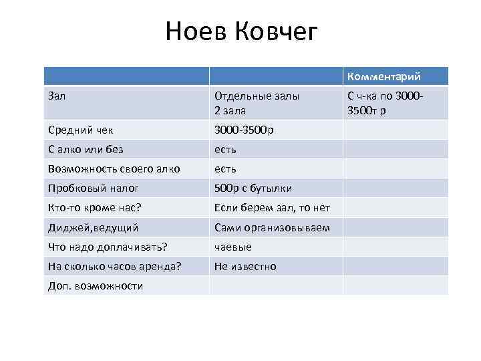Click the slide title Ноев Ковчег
[x=242, y=31]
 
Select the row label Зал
[x=57, y=96]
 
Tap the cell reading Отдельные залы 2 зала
[x=257, y=102]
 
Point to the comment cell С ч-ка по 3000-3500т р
[x=383, y=102]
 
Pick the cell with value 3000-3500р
[x=244, y=130]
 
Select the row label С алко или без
[x=86, y=149]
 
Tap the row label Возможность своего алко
[x=114, y=168]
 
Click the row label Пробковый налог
[x=94, y=189]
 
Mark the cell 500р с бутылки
[x=253, y=189]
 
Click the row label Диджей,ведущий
[x=94, y=227]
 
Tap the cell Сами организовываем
[x=272, y=227]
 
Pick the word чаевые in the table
[x=233, y=247]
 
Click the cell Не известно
[x=245, y=266]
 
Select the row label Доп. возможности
[x=96, y=285]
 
